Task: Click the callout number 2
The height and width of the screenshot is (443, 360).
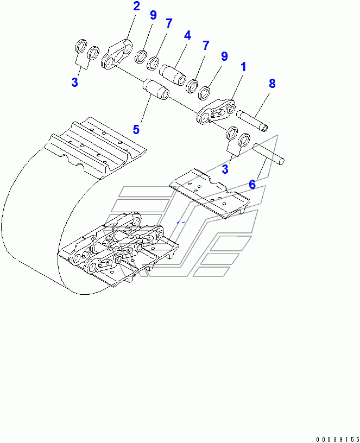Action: click(136, 6)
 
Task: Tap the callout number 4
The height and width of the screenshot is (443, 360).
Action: click(187, 35)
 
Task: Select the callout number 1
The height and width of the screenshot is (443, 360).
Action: click(243, 67)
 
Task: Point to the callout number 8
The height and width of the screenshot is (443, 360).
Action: click(272, 84)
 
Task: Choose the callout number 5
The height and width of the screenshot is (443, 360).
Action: click(136, 130)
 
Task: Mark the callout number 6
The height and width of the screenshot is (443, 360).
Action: click(252, 185)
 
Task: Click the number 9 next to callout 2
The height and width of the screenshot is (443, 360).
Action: click(153, 15)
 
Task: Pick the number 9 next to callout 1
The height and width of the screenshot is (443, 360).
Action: click(224, 56)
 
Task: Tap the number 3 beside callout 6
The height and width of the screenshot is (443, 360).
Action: click(225, 169)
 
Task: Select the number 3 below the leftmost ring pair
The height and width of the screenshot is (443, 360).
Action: click(74, 82)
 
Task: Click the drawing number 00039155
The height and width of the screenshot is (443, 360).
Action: click(338, 439)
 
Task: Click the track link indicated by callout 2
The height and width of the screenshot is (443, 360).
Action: click(117, 54)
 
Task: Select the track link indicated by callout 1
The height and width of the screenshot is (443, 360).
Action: click(216, 112)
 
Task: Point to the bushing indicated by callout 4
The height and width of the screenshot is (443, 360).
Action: click(172, 74)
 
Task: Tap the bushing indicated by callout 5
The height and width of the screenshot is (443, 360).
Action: click(156, 90)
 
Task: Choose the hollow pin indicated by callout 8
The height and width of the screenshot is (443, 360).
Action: click(252, 121)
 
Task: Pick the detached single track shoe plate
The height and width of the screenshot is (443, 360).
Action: click(210, 193)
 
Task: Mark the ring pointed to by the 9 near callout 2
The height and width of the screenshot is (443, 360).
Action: click(141, 57)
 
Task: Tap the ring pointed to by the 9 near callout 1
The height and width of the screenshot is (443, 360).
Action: click(204, 93)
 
